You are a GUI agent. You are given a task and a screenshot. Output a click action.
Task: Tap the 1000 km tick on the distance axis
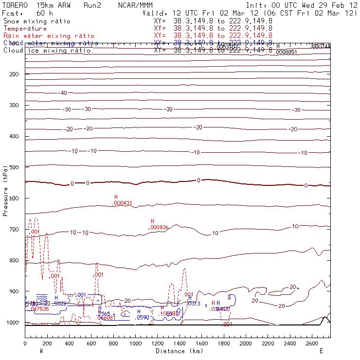tap(135, 343)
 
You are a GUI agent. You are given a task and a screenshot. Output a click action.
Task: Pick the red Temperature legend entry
tap(25, 29)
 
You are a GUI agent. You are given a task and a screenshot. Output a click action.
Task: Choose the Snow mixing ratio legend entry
tap(36, 21)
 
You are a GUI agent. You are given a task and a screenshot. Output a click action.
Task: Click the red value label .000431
tap(123, 203)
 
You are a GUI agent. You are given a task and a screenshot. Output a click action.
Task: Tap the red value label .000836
tap(159, 227)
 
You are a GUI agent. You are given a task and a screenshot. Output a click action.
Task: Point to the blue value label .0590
tap(142, 317)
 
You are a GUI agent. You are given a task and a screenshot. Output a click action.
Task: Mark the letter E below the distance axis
tap(321, 351)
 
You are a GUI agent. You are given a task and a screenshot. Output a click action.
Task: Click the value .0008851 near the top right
tap(286, 52)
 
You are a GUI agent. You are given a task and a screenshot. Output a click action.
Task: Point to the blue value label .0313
tap(194, 304)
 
